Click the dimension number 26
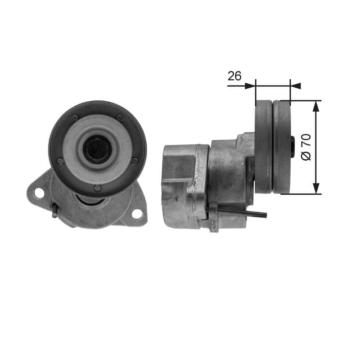pyautogui.click(x=234, y=76)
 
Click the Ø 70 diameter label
pyautogui.click(x=306, y=147)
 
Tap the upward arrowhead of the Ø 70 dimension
pyautogui.click(x=316, y=106)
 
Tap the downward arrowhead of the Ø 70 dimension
pyautogui.click(x=316, y=189)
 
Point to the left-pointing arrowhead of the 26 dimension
pyautogui.click(x=296, y=85)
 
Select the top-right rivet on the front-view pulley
pyautogui.click(x=120, y=117)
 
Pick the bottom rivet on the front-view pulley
pyautogui.click(x=98, y=188)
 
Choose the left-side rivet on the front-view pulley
pyautogui.click(x=60, y=161)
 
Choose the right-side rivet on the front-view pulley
pyautogui.click(x=135, y=161)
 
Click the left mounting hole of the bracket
pyautogui.click(x=39, y=193)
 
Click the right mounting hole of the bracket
pyautogui.click(x=137, y=214)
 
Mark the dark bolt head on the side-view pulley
pyautogui.click(x=293, y=147)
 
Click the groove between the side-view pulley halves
pyautogui.click(x=273, y=147)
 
